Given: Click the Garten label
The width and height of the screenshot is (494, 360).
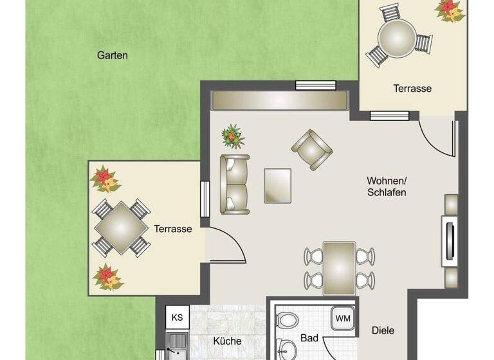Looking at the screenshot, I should pos(113,55).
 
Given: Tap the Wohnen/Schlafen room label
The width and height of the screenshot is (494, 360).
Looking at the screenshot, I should pos(386,186).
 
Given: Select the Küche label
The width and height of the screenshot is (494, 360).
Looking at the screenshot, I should pos(228,341).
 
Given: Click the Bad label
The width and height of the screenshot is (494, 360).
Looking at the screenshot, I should pos(310,337).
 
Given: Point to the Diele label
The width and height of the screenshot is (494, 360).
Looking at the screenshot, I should pos(383,331).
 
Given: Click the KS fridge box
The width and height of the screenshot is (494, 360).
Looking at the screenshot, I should pos(177,318).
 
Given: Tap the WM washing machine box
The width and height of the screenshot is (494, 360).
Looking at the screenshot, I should pos(343,318).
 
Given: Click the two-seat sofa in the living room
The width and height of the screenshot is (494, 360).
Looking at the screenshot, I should pos(234,184).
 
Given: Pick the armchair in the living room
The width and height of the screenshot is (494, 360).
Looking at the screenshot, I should pos(312,150).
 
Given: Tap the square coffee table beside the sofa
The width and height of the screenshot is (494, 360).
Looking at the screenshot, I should pos(278,184).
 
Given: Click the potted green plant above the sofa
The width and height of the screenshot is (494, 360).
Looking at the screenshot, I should pos(233,136).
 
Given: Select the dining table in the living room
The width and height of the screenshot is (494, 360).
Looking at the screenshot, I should pos(340,267).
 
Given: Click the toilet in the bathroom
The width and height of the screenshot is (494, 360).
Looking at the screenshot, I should pos(287,319).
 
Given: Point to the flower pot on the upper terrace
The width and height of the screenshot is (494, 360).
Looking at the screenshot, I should pos(450,10).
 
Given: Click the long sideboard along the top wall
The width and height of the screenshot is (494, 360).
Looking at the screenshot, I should pos(280,100).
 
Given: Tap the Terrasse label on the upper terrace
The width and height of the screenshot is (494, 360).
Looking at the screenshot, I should pos(412,89).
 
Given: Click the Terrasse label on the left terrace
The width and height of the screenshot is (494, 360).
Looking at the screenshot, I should pos(173,229).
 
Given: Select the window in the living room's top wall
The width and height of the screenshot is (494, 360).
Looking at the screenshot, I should pos(316,85).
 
